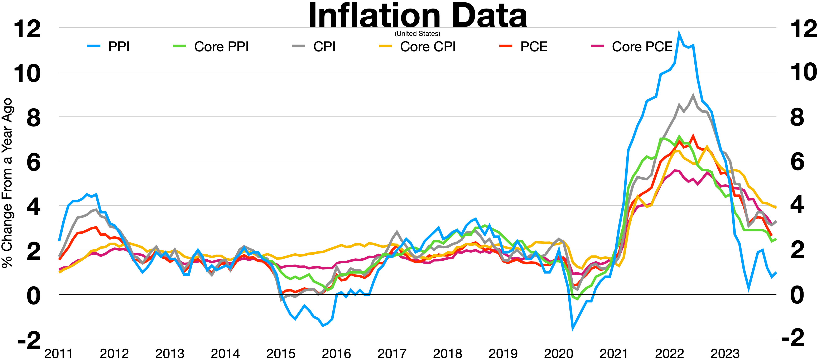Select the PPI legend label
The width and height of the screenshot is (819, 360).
(x=119, y=47)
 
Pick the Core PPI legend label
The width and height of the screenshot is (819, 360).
(x=221, y=47)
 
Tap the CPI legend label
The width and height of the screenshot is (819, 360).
(x=324, y=47)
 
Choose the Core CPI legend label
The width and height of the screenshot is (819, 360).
(x=428, y=47)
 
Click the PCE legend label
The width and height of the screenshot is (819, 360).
(x=534, y=47)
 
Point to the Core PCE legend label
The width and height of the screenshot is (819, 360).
(x=642, y=47)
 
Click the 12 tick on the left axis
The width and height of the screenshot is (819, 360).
(x=27, y=29)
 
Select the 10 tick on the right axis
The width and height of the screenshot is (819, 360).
(x=803, y=73)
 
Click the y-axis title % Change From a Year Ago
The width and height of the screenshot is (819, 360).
(x=7, y=183)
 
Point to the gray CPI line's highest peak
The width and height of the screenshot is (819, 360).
(x=693, y=95)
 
